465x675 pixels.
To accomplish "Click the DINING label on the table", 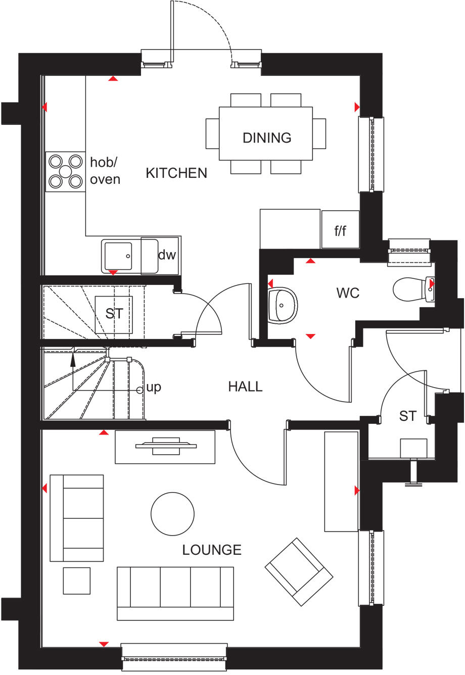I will click(267, 137).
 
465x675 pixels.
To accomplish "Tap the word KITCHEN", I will click(176, 173).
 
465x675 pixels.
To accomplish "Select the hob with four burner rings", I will click(65, 171).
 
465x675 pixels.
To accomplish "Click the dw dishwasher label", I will click(167, 255).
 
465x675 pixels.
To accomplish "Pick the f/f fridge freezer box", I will click(340, 230).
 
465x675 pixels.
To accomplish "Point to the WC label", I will click(348, 293).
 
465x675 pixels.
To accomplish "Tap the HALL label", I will click(245, 387).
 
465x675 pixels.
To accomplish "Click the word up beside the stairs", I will click(154, 388).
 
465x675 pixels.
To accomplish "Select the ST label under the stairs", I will click(114, 313).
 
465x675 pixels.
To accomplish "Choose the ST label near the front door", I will click(407, 416).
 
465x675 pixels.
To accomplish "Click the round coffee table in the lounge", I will click(173, 513).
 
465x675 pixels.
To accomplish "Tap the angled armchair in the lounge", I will click(299, 571).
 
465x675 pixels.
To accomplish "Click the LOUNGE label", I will click(212, 550).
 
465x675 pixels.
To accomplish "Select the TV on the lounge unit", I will click(166, 446).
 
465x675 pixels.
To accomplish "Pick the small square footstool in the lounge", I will click(77, 581).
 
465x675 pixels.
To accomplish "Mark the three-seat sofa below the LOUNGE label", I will click(175, 593).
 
